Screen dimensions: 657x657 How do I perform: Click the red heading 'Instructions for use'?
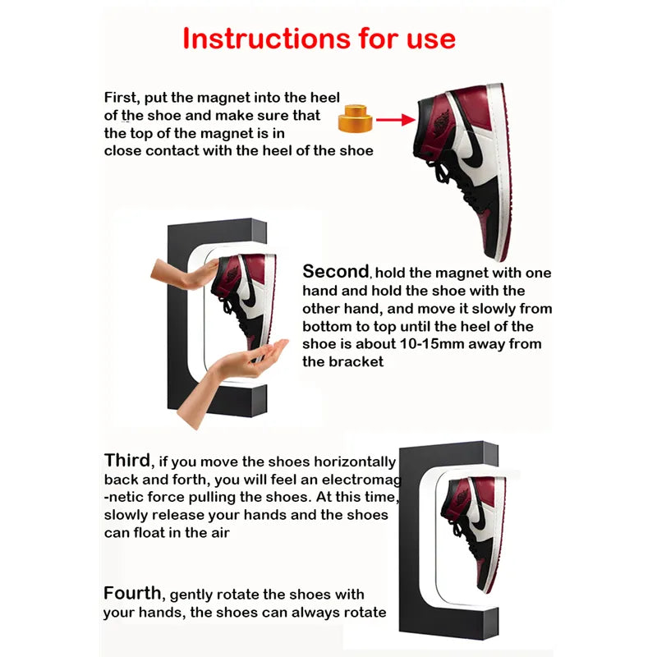[x=319, y=38]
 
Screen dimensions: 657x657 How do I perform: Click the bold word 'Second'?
[x=336, y=272]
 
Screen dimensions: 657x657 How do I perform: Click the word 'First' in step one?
[x=120, y=98]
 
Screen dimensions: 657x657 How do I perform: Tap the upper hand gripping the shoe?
[x=182, y=273]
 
